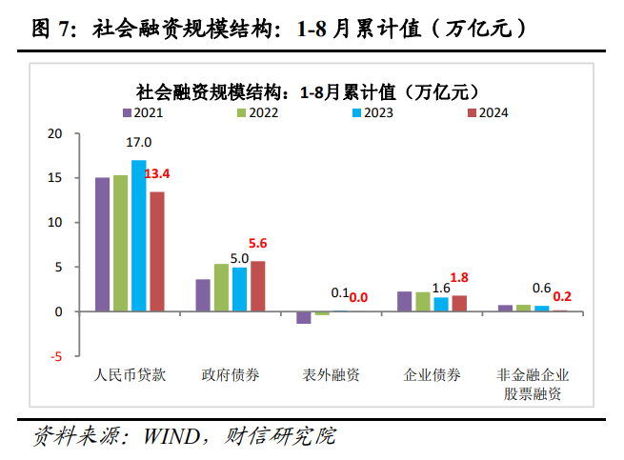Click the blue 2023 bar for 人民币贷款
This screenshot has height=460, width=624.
[139, 236]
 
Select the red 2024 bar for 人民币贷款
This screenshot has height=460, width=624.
[157, 251]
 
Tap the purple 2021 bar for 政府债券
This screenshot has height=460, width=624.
[203, 295]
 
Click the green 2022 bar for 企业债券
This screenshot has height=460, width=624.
[422, 302]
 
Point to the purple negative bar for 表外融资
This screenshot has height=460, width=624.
[304, 317]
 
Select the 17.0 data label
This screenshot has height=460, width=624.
[139, 142]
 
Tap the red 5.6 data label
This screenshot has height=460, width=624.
[258, 244]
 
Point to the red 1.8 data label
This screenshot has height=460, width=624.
[459, 277]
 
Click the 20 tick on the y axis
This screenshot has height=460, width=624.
[55, 133]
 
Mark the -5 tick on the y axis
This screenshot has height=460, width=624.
[57, 356]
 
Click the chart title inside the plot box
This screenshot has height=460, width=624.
[306, 91]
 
